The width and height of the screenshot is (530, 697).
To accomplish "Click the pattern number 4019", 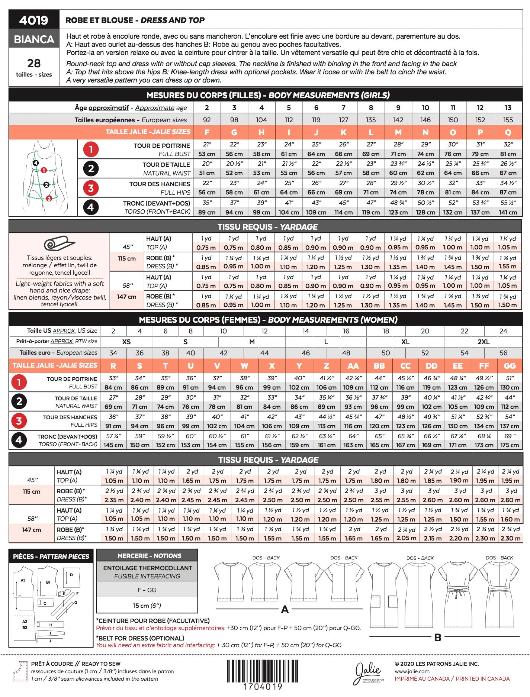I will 33,20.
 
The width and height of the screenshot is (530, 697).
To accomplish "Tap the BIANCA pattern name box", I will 34,39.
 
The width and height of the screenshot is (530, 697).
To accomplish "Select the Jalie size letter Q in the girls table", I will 508,132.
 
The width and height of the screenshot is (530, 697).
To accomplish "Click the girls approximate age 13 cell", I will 508,108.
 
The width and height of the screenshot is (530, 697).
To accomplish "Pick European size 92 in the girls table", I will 207,120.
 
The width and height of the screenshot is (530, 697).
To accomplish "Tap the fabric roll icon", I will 59,243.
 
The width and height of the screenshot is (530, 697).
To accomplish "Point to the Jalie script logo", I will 368,672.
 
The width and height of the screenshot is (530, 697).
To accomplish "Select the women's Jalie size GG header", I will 509,366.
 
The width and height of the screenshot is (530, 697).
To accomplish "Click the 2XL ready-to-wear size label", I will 483,342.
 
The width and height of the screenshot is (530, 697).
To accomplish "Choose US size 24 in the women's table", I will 503,331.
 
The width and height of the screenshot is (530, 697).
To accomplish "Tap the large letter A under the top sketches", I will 285,609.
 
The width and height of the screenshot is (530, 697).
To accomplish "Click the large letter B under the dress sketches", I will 438,638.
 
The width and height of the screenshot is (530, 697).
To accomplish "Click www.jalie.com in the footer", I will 412,671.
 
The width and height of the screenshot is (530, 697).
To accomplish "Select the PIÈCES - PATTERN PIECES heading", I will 51,556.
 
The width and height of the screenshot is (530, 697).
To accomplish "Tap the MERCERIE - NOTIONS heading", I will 147,556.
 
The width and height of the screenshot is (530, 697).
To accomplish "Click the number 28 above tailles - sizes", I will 34,63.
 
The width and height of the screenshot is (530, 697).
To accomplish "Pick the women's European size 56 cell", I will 503,353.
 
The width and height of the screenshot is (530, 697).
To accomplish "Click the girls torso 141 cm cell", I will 508,213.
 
